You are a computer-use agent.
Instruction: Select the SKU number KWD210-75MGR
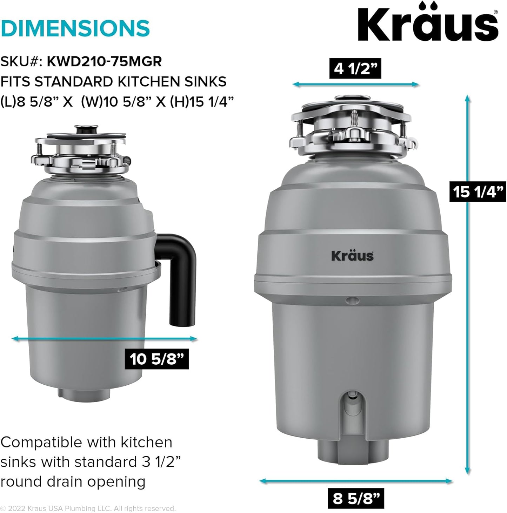coord(104,62)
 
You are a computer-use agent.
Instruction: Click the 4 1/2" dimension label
coord(355,68)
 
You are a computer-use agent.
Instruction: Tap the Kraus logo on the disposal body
coord(352,255)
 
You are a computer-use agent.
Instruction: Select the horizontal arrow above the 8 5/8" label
coord(355,481)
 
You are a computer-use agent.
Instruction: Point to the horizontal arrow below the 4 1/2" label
coord(355,84)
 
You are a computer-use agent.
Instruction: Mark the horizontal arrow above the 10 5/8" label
coord(104,338)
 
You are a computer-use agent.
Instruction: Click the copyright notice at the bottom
coord(88,508)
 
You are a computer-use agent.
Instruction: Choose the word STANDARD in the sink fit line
coord(74,82)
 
